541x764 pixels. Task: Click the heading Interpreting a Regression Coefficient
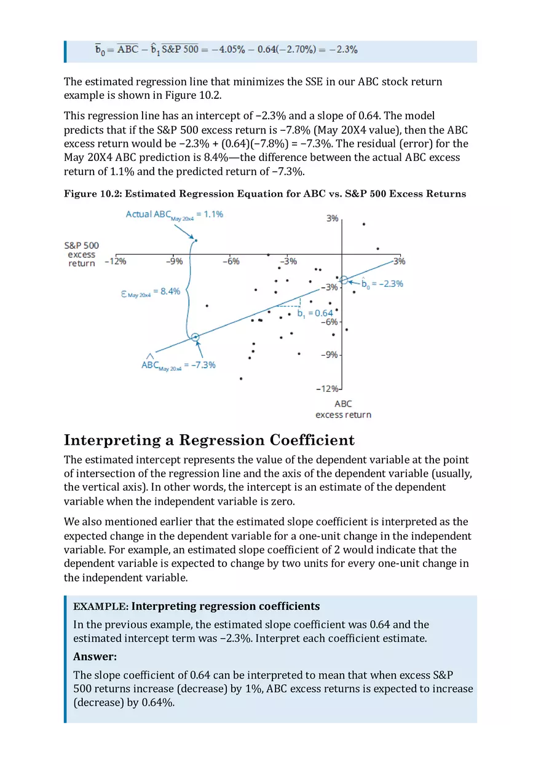coord(209,440)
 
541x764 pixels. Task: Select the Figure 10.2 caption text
coord(265,194)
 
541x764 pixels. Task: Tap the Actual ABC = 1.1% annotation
coord(174,214)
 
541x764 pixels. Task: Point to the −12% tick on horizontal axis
coord(116,261)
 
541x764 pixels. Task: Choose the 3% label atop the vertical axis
coord(332,219)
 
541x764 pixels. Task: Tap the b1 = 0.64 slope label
coord(315,313)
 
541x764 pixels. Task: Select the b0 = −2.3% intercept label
coord(382,284)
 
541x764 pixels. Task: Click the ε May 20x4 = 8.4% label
coord(151,292)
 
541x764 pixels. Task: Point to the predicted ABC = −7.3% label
coord(178,364)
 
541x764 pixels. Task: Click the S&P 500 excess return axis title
coord(82,254)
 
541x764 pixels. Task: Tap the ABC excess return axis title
coord(343,409)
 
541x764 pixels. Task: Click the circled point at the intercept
coord(344,280)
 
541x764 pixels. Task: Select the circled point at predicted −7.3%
coord(195,337)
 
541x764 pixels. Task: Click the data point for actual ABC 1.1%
coord(195,240)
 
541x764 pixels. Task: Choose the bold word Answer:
coord(95,657)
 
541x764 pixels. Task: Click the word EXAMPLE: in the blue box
coord(100,607)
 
